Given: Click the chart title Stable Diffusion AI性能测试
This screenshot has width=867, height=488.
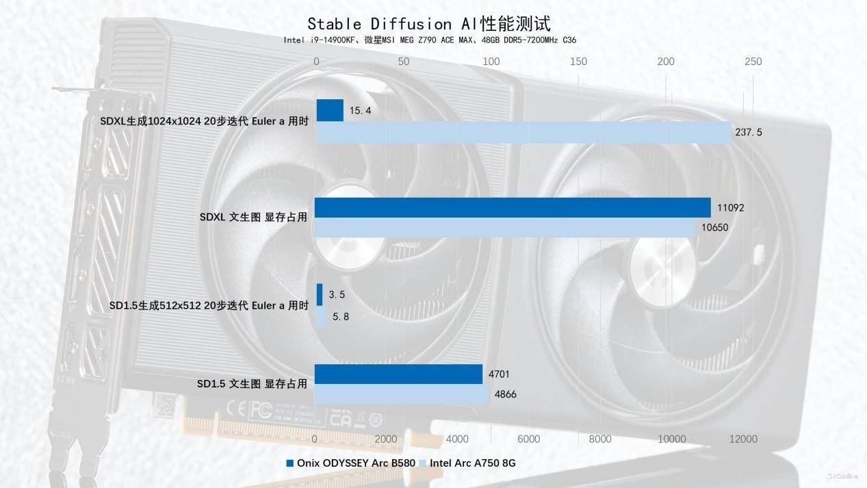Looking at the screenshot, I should pyautogui.click(x=428, y=24).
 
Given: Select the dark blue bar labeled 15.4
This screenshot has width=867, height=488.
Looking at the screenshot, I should pyautogui.click(x=330, y=110).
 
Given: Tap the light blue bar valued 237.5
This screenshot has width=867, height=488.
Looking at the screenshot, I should pyautogui.click(x=524, y=132).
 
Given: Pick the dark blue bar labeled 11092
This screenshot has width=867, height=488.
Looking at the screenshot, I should pyautogui.click(x=513, y=207).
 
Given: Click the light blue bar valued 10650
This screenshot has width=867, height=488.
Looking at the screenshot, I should pyautogui.click(x=506, y=227).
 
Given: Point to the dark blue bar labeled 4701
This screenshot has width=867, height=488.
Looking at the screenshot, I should pyautogui.click(x=399, y=374).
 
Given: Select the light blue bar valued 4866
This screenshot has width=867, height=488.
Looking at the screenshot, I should pyautogui.click(x=402, y=394).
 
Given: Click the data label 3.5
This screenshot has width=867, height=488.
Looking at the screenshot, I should pyautogui.click(x=337, y=295).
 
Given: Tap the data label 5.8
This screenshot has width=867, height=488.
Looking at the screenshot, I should pyautogui.click(x=341, y=316).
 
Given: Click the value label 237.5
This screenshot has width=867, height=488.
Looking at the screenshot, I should pyautogui.click(x=749, y=132).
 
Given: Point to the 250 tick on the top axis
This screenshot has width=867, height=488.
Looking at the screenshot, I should pyautogui.click(x=753, y=62).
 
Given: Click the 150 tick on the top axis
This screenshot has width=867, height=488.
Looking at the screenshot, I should pyautogui.click(x=578, y=62).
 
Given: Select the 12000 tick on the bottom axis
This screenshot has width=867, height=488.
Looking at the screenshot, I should pyautogui.click(x=743, y=439).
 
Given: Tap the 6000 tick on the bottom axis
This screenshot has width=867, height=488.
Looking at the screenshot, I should pyautogui.click(x=529, y=439).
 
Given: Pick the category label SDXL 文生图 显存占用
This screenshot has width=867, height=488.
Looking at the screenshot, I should pyautogui.click(x=253, y=217).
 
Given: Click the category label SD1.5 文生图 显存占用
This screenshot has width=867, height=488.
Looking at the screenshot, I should pyautogui.click(x=252, y=384).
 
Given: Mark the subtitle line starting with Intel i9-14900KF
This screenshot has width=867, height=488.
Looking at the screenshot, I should pyautogui.click(x=430, y=40).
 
